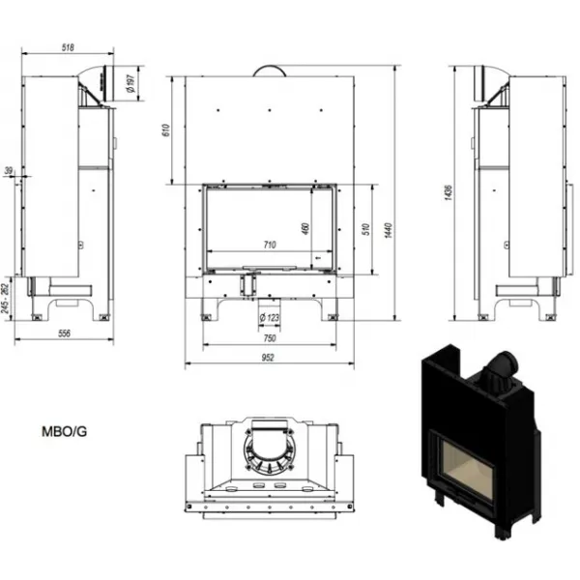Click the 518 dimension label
pyautogui.click(x=68, y=47)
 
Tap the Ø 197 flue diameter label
pyautogui.click(x=130, y=84)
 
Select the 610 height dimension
pyautogui.click(x=165, y=130)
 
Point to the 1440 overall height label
pyautogui.click(x=388, y=230)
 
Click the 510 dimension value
pyautogui.click(x=366, y=229)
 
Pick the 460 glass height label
pyautogui.click(x=305, y=228)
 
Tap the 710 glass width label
pyautogui.click(x=270, y=245)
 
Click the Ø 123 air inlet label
pyautogui.click(x=269, y=317)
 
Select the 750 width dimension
pyautogui.click(x=270, y=337)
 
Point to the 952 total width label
pyautogui.click(x=268, y=358)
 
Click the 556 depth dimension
pyautogui.click(x=64, y=333)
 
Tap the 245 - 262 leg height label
pyautogui.click(x=5, y=298)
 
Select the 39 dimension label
pyautogui.click(x=9, y=170)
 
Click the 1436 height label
pyautogui.click(x=448, y=192)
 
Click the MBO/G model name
pyautogui.click(x=65, y=432)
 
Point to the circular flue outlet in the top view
pyautogui.click(x=270, y=449)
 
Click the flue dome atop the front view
pyautogui.click(x=270, y=71)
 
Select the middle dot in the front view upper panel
pyautogui.click(x=270, y=110)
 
